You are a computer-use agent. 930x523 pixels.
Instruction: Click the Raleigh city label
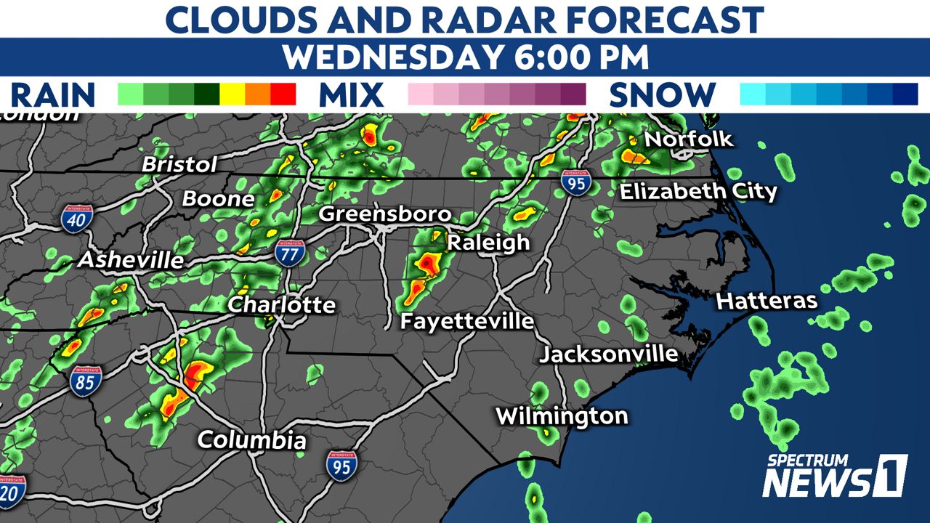click(488, 242)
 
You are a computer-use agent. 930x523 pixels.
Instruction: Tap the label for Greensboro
click(385, 214)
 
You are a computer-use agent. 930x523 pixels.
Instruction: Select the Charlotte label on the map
click(282, 304)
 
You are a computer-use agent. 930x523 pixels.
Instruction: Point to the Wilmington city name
click(562, 416)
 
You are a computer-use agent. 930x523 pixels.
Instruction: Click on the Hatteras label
click(767, 301)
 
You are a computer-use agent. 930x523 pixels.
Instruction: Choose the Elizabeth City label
click(698, 192)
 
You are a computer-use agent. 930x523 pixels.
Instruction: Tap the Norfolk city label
click(689, 139)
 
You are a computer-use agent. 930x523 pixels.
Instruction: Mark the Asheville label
click(132, 259)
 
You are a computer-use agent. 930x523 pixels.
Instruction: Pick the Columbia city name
click(251, 439)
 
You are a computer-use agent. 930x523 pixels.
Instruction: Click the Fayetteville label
click(468, 320)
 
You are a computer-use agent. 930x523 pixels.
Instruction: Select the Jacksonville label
click(609, 354)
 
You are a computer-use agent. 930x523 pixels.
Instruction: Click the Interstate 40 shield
click(76, 218)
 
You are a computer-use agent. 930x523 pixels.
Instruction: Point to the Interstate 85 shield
click(86, 379)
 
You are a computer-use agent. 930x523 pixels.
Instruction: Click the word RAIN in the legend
click(53, 95)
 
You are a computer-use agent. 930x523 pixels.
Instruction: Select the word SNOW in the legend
click(662, 95)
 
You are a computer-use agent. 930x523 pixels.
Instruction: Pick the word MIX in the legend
click(351, 95)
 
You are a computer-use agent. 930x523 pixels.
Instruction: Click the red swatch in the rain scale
click(283, 94)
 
